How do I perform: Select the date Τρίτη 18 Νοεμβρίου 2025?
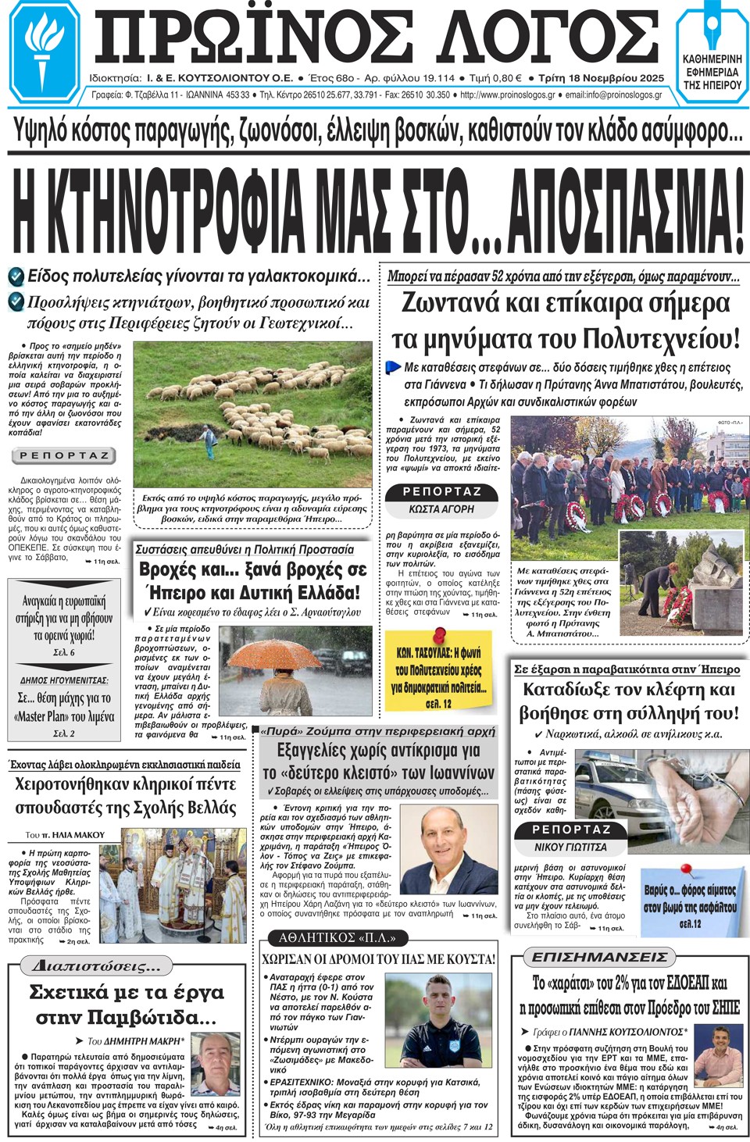(x=602, y=78)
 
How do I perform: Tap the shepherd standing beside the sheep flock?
(x=209, y=441)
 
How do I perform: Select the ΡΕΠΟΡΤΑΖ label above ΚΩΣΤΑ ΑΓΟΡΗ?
(x=442, y=491)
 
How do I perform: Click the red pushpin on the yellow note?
(x=440, y=633)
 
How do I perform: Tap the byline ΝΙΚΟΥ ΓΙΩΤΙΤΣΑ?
(x=570, y=847)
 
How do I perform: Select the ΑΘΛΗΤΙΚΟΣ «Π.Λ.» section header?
(x=337, y=937)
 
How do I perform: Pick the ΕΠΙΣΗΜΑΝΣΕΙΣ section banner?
(x=599, y=957)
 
